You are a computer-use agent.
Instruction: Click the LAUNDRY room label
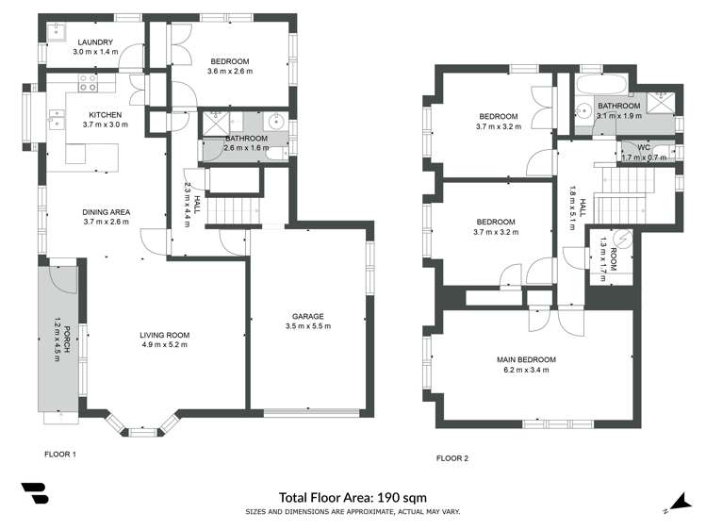click(x=96, y=41)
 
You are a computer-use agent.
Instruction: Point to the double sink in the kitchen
click(x=56, y=119)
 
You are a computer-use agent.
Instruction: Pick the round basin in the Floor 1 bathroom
click(x=276, y=122)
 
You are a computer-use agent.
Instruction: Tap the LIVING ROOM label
click(x=165, y=335)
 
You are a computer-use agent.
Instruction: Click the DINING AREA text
click(x=107, y=211)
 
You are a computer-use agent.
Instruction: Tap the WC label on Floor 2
click(x=644, y=147)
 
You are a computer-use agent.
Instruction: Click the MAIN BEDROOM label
click(x=526, y=359)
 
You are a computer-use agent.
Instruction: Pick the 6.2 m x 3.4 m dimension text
click(x=526, y=370)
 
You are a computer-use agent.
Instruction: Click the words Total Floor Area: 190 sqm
click(x=353, y=497)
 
